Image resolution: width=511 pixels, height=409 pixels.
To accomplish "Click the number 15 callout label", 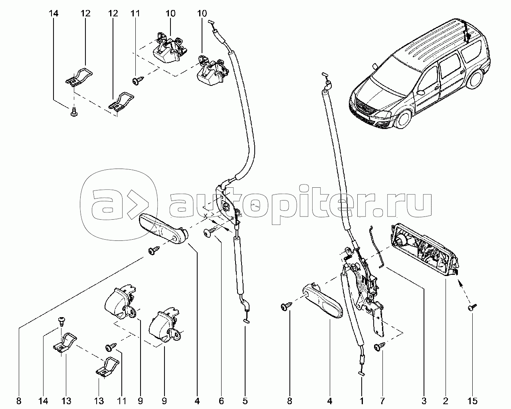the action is click(472, 401).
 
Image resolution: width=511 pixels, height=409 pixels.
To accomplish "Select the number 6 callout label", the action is click(221, 401).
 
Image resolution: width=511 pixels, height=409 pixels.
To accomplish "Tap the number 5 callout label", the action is click(245, 401).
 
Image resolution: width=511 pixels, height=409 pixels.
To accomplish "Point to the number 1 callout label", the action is click(362, 401).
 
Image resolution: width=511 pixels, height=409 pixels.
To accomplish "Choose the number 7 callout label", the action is click(382, 401).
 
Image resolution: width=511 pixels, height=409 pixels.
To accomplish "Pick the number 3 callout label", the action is click(424, 401).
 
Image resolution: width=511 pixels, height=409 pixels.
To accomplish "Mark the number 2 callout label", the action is click(446, 401).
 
